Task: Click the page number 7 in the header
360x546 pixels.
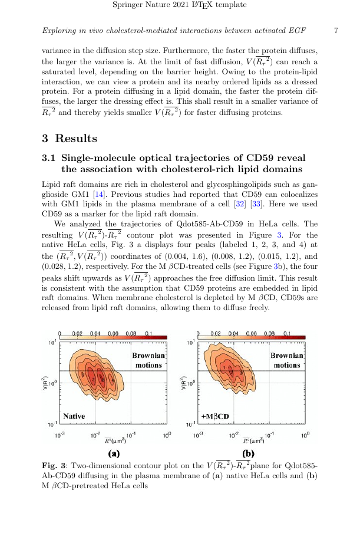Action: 335,30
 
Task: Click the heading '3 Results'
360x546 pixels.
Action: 69,139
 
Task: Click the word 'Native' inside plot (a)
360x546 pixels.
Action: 74,416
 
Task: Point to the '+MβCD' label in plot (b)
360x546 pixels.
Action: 215,416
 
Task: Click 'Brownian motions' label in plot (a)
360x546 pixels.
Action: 148,360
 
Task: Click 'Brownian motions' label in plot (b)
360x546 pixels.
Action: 286,360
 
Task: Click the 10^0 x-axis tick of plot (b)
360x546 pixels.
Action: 305,435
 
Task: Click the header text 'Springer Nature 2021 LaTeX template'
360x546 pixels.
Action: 180,5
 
